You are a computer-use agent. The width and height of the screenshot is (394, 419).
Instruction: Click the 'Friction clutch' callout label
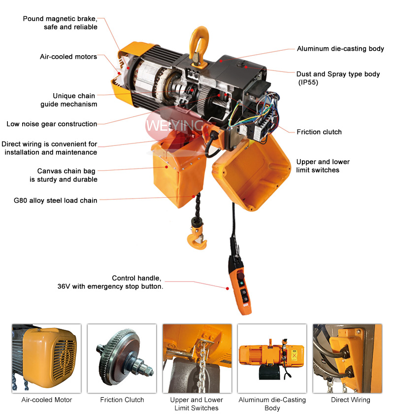coord(319,132)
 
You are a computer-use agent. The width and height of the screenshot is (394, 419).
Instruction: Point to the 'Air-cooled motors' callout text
coord(68,57)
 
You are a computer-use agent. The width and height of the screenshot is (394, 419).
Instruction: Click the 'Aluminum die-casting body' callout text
coord(340,49)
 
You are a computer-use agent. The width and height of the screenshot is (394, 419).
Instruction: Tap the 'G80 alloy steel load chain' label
coord(56,201)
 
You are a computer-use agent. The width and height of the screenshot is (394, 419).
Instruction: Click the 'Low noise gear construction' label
coord(52,124)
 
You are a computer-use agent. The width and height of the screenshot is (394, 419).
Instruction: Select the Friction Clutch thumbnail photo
coord(122,358)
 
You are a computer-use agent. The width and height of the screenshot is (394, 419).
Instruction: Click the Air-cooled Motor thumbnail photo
coord(46,358)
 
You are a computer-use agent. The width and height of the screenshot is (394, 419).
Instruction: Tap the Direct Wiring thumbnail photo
coord(347,358)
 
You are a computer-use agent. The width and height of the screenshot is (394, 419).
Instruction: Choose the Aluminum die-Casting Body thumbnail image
coord(272,358)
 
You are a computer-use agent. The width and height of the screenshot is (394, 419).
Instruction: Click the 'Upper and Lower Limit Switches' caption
coord(197,404)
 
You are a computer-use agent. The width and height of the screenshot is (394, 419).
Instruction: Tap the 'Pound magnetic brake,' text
coord(60,19)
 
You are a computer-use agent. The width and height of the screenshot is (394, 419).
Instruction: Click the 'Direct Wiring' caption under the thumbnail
coord(350,400)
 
